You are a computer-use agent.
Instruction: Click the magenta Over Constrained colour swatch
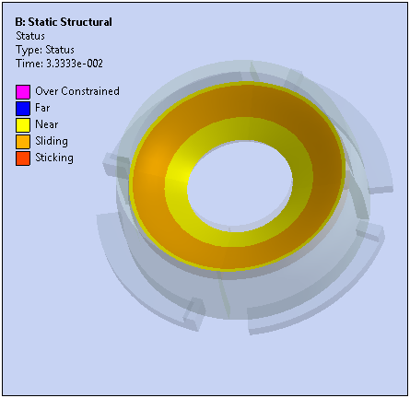point(23,92)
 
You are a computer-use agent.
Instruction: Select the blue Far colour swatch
point(23,109)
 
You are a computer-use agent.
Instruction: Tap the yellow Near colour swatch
point(23,125)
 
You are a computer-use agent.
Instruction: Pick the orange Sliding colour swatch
point(23,142)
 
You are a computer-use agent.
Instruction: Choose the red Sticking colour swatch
point(23,158)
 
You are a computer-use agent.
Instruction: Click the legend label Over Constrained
point(77,91)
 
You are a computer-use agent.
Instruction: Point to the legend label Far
point(42,108)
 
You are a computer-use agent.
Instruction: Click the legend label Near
point(47,124)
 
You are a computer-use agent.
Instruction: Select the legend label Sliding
point(52,141)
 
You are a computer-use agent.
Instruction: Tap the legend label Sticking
point(54,158)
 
